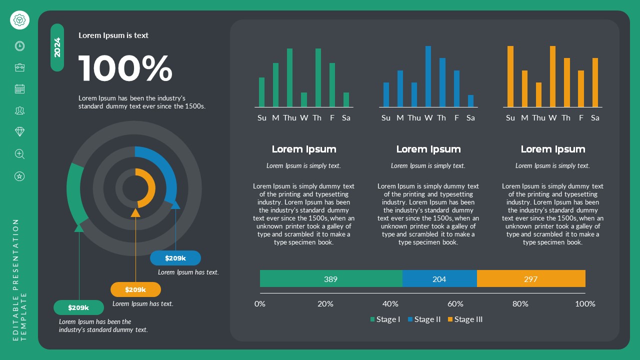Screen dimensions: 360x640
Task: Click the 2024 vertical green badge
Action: (x=57, y=47)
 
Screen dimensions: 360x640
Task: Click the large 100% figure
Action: (x=125, y=68)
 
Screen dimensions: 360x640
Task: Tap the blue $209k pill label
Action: (x=175, y=258)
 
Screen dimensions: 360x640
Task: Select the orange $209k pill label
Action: (x=135, y=289)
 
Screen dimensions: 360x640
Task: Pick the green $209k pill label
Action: (x=78, y=307)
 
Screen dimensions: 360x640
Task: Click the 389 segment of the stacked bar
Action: (x=330, y=279)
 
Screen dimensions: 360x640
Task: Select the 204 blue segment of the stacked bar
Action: (x=439, y=279)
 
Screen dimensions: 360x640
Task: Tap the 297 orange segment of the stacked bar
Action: (x=530, y=279)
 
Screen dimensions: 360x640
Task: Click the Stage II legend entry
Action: (x=424, y=319)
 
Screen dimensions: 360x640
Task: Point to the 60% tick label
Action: (x=455, y=304)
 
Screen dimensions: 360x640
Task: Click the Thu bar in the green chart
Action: (x=289, y=77)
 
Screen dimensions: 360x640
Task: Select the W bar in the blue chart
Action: (x=428, y=76)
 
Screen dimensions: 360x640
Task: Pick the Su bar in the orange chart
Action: (x=510, y=76)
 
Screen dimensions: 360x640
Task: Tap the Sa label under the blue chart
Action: (x=470, y=118)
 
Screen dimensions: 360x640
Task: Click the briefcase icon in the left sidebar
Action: (x=19, y=67)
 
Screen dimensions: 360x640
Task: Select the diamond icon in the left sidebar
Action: (x=19, y=131)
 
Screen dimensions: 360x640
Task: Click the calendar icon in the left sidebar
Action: (x=19, y=89)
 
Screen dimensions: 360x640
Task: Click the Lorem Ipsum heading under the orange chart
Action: (x=552, y=149)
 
